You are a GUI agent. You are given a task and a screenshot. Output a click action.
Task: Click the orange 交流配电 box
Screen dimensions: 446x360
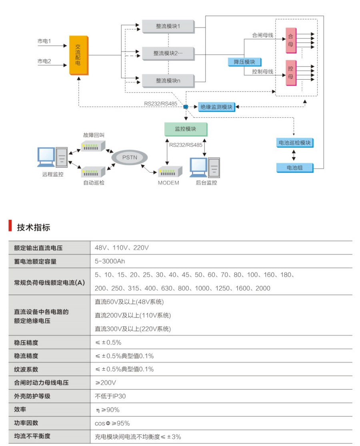78,55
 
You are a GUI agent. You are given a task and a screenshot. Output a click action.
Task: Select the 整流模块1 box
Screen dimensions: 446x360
168,26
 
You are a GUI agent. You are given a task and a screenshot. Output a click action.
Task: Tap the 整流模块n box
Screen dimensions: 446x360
168,80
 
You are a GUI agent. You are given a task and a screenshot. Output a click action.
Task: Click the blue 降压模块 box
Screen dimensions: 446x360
244,62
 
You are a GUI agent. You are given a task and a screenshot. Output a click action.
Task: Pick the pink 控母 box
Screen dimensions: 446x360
290,72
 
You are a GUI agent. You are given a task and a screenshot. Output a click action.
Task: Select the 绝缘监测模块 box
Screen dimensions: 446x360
216,107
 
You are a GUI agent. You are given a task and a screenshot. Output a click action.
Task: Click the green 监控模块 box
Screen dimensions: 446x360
186,129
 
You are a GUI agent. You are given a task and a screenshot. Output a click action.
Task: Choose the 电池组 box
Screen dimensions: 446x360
295,167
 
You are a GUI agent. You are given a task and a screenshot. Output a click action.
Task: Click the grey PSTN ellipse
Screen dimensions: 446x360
130,157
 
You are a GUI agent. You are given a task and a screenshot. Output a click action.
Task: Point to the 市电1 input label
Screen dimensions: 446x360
44,41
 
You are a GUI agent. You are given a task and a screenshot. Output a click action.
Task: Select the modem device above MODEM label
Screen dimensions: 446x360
170,172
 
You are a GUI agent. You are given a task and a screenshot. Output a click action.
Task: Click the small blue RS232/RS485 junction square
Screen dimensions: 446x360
186,107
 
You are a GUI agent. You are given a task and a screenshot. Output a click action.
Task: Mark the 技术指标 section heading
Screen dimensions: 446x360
34,227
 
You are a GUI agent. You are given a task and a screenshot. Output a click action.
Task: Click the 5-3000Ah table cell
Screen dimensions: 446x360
110,261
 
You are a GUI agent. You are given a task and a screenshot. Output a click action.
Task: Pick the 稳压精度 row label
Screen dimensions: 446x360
26,343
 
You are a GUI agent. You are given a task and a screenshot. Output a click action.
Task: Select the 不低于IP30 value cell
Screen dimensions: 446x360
110,396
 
